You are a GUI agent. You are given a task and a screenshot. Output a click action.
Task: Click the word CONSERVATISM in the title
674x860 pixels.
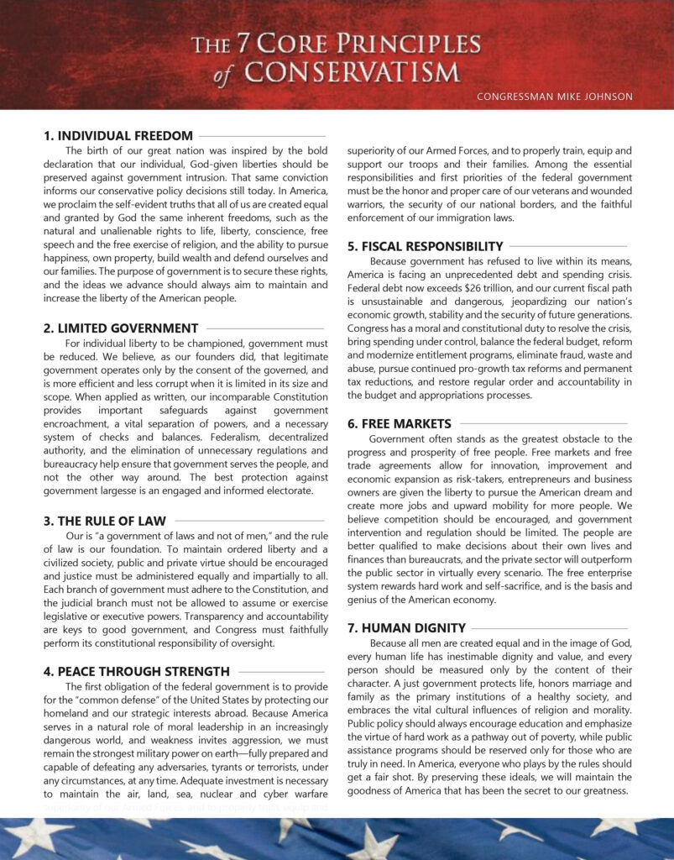point(351,72)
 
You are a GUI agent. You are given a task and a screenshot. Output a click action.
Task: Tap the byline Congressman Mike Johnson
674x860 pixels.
point(554,97)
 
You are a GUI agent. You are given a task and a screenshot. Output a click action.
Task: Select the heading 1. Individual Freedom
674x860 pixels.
point(118,135)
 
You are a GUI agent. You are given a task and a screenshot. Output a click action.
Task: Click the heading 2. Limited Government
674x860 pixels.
point(121,328)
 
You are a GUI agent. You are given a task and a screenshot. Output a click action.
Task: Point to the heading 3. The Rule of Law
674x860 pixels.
point(105,521)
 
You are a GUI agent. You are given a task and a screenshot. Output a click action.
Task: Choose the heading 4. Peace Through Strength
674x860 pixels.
point(137,671)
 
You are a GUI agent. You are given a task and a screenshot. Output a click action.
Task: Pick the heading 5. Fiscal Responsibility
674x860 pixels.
point(426,246)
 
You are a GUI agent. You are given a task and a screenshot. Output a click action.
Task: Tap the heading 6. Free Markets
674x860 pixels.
point(400,424)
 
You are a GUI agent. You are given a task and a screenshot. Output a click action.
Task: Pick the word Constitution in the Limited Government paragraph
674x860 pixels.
point(295,396)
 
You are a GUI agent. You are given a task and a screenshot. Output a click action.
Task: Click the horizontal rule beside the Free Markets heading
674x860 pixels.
point(543,424)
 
